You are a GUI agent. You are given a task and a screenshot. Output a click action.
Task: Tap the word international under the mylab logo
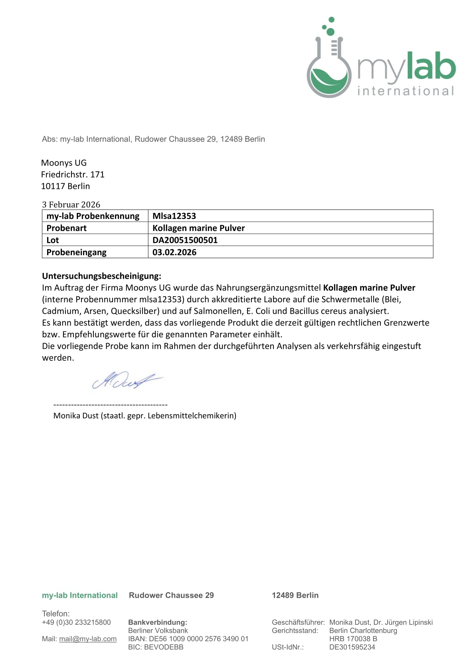(406, 91)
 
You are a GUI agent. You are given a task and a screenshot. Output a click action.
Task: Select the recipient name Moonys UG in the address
(64, 163)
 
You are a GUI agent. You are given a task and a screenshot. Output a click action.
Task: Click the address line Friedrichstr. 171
(73, 174)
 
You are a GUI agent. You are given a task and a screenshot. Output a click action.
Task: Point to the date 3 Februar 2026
(71, 205)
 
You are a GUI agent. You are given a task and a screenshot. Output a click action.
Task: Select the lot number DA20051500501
(185, 240)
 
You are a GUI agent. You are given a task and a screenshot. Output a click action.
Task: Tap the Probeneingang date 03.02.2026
(174, 252)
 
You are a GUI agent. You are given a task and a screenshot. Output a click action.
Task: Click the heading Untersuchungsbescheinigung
(101, 276)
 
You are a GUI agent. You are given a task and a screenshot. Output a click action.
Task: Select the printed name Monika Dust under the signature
(76, 416)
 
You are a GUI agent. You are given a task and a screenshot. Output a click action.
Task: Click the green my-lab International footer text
(80, 595)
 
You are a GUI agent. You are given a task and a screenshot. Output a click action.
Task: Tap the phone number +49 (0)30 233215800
(76, 622)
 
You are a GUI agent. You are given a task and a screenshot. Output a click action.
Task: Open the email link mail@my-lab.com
(88, 639)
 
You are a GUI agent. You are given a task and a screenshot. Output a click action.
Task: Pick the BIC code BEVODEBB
(164, 647)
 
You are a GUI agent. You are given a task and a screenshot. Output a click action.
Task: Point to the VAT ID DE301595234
(352, 647)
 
